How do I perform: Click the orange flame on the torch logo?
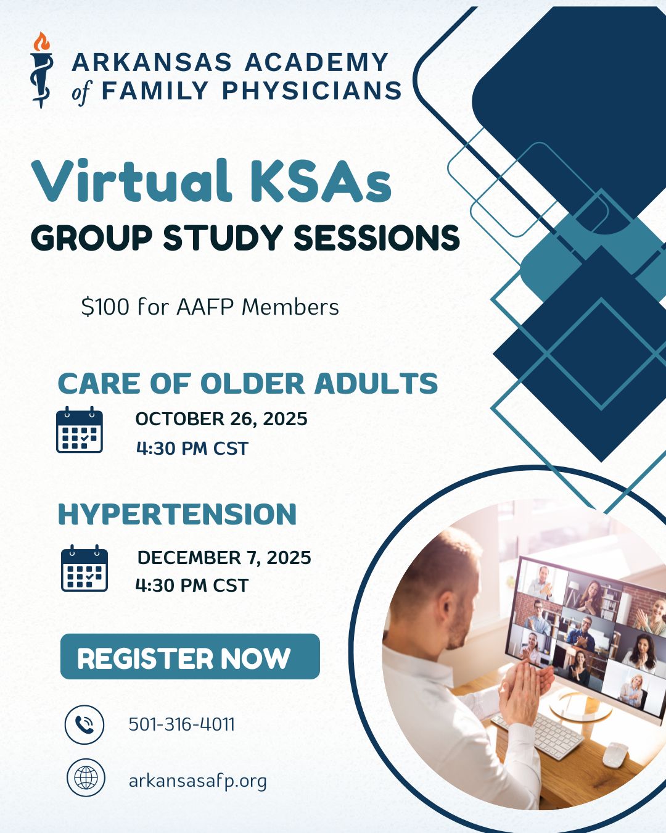41,42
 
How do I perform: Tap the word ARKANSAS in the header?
152,62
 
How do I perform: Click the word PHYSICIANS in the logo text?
311,91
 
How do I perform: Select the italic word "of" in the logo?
81,93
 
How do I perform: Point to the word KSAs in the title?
321,182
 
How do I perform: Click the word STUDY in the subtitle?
223,237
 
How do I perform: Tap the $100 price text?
105,307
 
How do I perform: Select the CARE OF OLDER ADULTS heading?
248,384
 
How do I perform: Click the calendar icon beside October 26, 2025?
80,429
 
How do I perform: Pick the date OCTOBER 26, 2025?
221,419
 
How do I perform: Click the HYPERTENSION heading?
177,514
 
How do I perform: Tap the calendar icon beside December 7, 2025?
84,568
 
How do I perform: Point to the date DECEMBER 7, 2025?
224,558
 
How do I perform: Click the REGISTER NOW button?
190,657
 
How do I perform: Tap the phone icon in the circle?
84,724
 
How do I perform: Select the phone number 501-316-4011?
181,724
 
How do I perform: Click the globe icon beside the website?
86,778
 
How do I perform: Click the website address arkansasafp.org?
198,781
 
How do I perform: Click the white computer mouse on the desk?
615,755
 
